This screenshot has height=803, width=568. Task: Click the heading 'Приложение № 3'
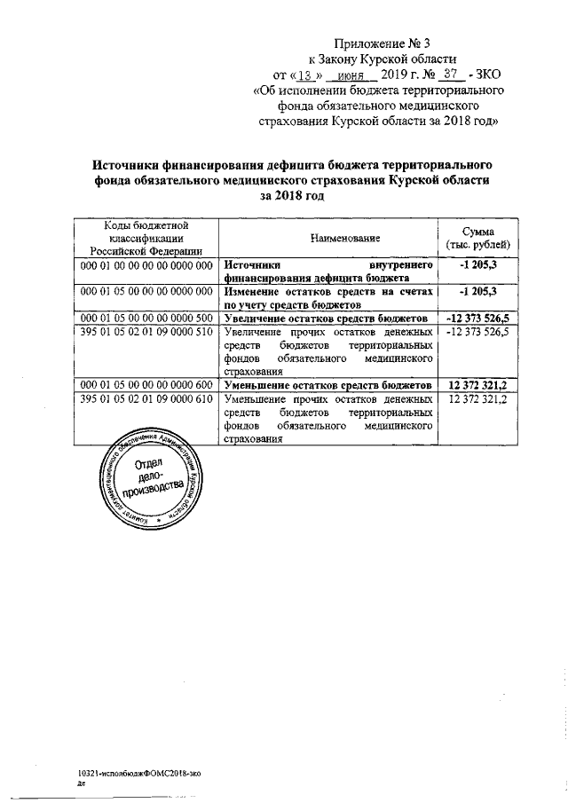point(379,42)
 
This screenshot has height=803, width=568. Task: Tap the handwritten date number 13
point(304,75)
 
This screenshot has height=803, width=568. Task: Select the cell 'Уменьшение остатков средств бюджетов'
point(327,385)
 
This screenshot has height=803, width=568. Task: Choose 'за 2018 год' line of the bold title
point(292,196)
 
